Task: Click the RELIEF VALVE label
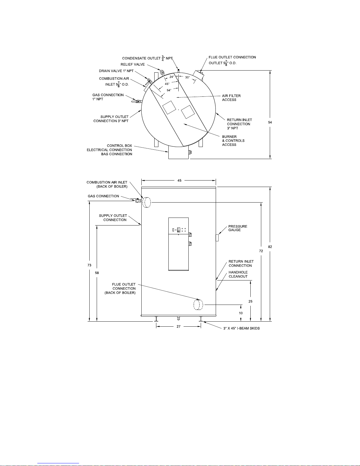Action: (x=133, y=64)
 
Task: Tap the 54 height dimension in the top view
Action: (x=270, y=122)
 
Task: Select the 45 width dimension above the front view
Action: (x=179, y=181)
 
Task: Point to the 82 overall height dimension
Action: (x=270, y=247)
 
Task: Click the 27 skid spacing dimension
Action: (x=178, y=327)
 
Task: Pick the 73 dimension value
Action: (x=89, y=265)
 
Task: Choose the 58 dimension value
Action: (x=97, y=273)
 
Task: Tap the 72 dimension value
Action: (x=261, y=251)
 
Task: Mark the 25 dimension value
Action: (x=250, y=302)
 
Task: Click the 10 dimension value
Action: (x=241, y=313)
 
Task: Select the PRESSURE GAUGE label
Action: (x=238, y=228)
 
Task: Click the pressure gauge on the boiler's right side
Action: (x=217, y=238)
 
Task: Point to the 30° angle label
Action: (x=187, y=77)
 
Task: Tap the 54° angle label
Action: (x=169, y=90)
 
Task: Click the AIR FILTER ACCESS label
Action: (x=231, y=98)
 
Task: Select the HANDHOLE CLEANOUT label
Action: (x=238, y=275)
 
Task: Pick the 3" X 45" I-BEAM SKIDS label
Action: (x=242, y=328)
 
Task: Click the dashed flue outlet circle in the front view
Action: (x=198, y=305)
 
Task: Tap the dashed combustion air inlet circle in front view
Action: (x=147, y=203)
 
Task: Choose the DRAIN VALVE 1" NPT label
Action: (x=116, y=71)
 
